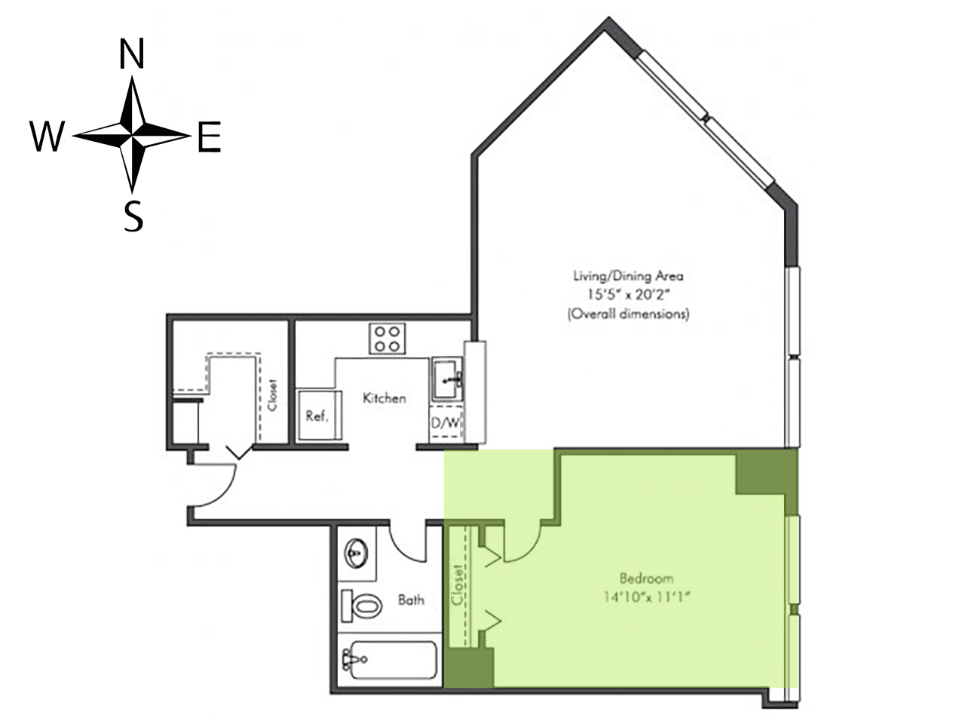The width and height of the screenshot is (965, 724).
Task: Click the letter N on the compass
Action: point(132,54)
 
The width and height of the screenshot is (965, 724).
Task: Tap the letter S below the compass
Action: point(133,216)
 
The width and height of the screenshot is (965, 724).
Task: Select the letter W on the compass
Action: point(47,137)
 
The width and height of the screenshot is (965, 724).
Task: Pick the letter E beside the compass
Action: point(210,137)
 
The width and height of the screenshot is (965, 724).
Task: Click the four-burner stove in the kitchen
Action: point(388,339)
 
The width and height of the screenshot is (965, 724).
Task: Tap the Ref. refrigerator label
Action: point(317,416)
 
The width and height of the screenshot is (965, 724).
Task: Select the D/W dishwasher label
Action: point(445,423)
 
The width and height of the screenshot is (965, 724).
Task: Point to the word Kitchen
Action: point(384,398)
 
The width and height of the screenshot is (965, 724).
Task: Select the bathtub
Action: point(389,660)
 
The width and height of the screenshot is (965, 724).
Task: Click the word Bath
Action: point(411,600)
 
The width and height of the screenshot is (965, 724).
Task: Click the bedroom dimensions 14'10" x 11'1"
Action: point(645,597)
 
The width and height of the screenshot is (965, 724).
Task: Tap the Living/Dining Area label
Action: point(628,276)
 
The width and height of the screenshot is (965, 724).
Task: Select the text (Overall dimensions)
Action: point(628,314)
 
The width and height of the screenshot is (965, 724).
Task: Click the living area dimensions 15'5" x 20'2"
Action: point(629,295)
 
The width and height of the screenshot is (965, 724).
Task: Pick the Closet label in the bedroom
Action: point(457,584)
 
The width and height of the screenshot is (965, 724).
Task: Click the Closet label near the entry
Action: point(273,394)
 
